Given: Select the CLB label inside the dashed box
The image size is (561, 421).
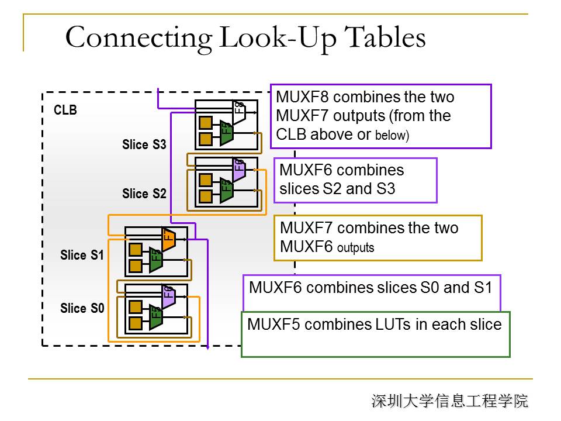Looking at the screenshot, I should tap(65, 110).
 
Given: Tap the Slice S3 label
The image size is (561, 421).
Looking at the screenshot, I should tap(144, 145).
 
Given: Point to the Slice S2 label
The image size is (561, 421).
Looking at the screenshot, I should tap(144, 194).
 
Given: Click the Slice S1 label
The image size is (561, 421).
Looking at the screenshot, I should tap(82, 255).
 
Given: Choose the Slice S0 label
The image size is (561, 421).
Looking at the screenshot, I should tap(82, 308).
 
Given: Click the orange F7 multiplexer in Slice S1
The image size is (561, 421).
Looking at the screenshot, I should tap(168, 239).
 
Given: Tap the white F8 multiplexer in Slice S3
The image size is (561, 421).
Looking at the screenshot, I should tap(238, 110).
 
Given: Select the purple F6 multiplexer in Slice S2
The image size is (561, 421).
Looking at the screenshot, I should tap(238, 168).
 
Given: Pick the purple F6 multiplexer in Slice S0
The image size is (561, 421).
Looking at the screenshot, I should tap(168, 296).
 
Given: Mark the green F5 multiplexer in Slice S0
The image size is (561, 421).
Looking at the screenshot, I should tap(155, 316).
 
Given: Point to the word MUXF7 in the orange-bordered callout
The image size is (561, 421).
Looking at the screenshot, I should tap(306, 227).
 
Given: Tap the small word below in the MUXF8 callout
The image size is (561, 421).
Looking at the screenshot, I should tap(392, 136).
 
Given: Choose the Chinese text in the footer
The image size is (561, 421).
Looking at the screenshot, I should tap(449, 401).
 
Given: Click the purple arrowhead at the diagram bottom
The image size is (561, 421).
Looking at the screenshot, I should tap(207, 347).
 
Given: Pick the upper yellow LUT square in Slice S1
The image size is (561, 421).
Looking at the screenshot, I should tap(135, 250).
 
